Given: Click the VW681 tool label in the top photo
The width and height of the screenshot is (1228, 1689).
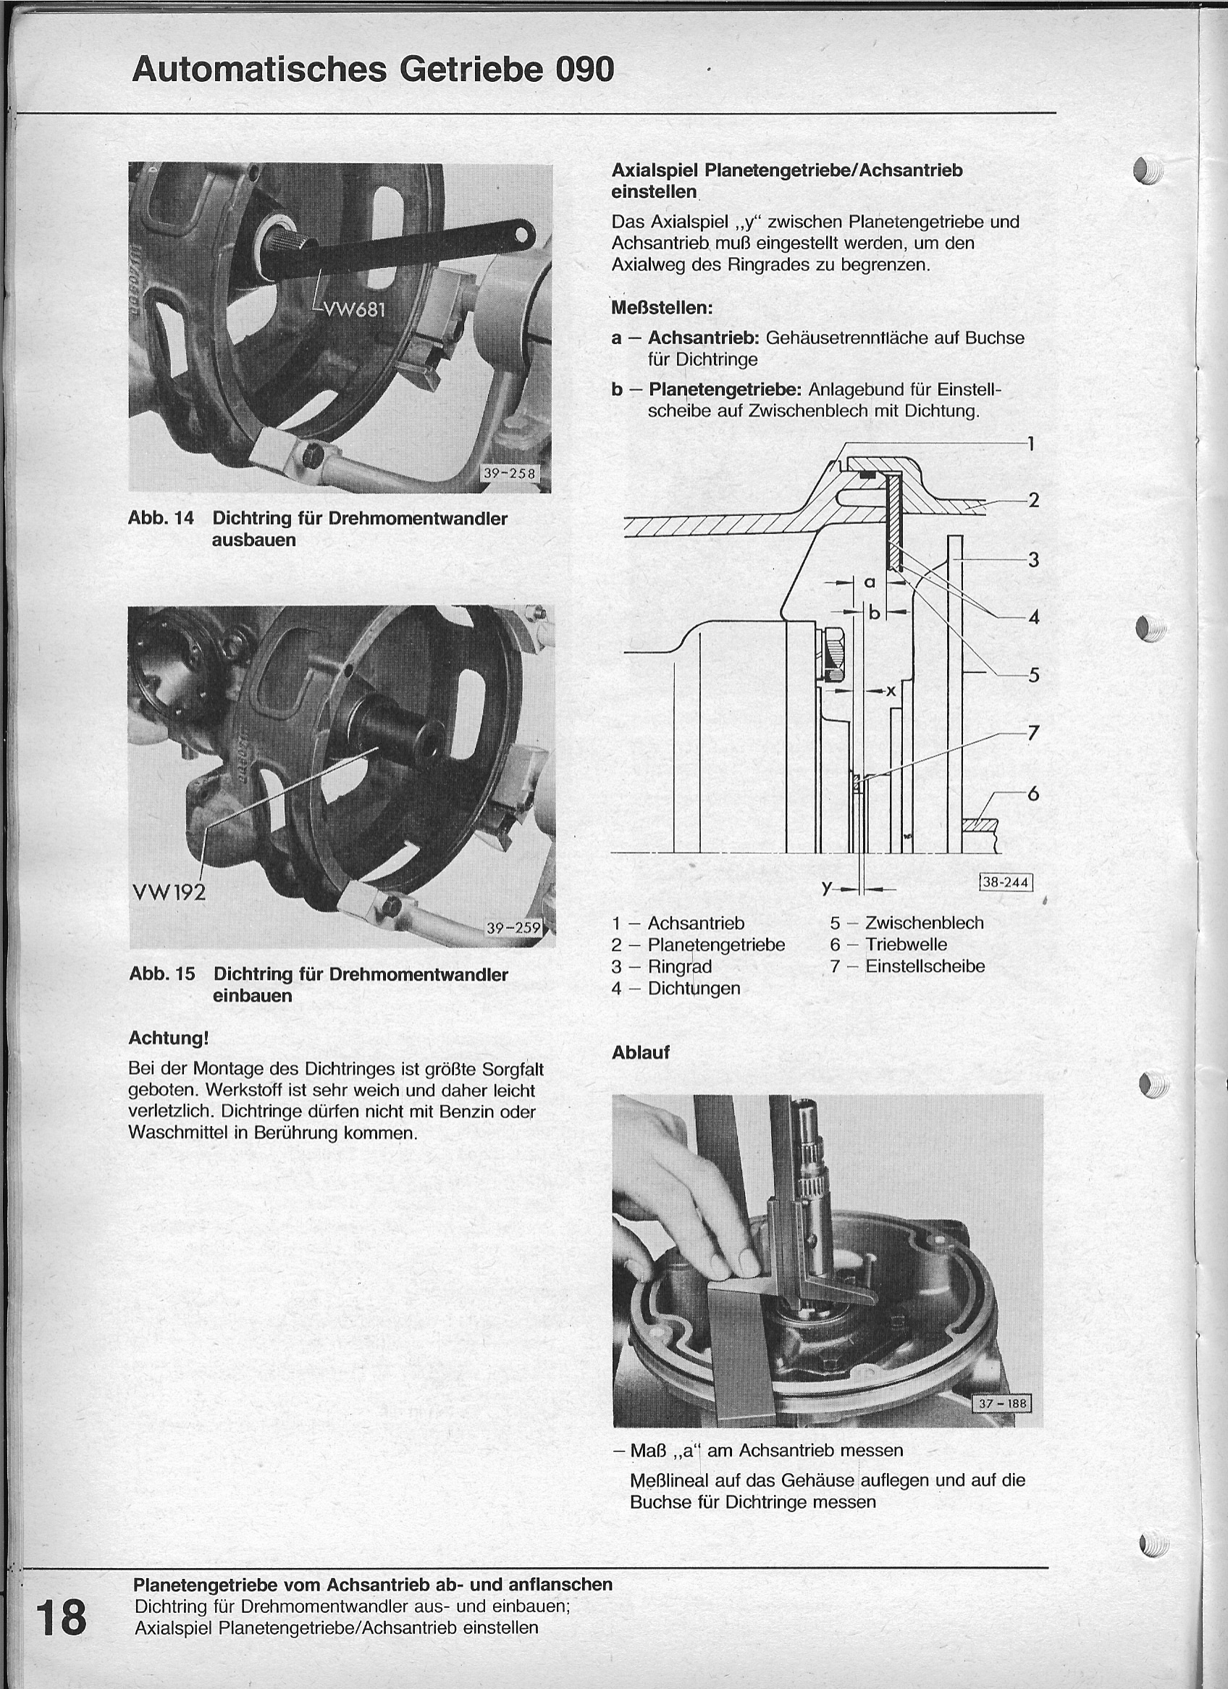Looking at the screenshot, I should (354, 309).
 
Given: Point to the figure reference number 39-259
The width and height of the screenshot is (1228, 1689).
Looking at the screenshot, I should (513, 928).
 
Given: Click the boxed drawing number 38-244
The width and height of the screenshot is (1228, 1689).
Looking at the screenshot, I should (1005, 882).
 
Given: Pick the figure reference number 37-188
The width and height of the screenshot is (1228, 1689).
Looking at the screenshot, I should (1002, 1404).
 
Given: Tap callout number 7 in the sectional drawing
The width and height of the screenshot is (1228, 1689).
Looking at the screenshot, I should (1033, 734).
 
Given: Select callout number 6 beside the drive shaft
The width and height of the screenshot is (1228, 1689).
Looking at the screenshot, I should (1033, 794).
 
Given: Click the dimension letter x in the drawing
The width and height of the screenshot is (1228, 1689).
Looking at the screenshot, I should (890, 691).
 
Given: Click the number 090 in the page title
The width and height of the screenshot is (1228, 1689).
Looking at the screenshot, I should (584, 70).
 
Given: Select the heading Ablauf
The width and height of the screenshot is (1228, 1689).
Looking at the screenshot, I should (641, 1052).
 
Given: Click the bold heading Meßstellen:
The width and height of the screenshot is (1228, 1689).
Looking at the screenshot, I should (662, 308).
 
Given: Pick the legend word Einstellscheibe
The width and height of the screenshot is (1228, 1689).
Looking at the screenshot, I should (925, 966).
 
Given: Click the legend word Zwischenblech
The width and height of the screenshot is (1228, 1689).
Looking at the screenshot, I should (924, 923).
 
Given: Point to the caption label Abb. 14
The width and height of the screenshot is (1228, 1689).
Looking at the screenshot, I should (161, 519).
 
